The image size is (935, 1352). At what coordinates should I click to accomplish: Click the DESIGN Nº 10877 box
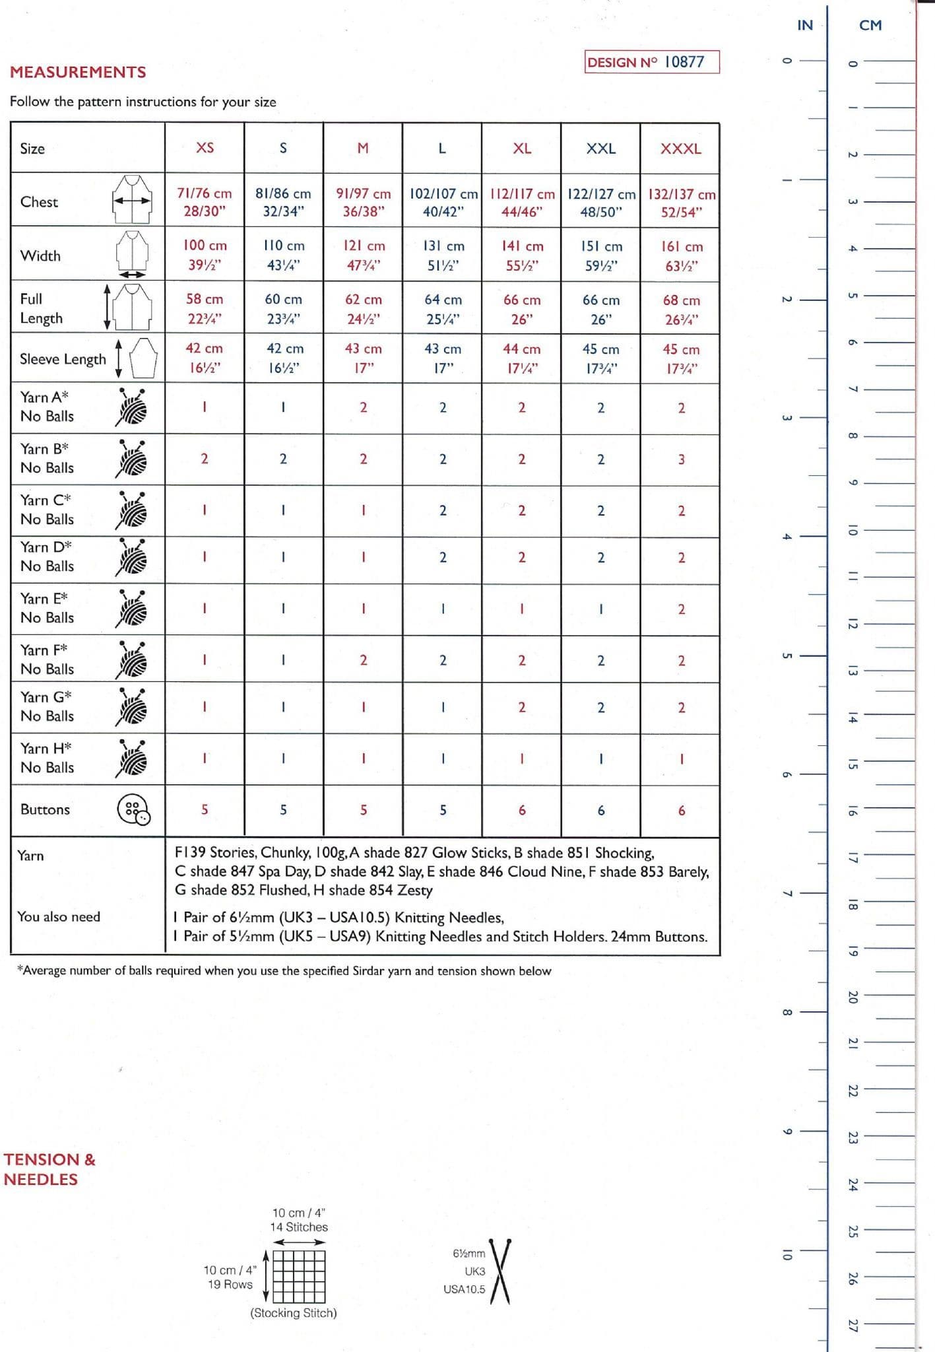point(651,62)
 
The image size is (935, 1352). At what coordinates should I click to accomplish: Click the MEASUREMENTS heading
point(78,72)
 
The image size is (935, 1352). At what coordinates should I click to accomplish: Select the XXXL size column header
point(680,149)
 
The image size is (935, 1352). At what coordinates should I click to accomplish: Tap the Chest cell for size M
point(363,202)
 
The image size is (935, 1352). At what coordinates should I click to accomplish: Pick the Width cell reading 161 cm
point(682,255)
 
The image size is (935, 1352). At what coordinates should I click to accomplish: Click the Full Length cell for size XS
point(205,308)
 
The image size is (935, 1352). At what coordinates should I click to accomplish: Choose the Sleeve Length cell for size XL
point(521,358)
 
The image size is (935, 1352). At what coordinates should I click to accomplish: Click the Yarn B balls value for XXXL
point(682,459)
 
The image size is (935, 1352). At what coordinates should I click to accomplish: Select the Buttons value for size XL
point(522,810)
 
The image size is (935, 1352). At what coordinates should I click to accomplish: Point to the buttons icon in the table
point(133,809)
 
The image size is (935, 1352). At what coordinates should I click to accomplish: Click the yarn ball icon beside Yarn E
point(132,608)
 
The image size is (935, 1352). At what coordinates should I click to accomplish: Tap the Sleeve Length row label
point(63,359)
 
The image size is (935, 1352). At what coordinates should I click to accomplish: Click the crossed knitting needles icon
point(500,1271)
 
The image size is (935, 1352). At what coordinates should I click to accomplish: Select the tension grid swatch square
point(299,1275)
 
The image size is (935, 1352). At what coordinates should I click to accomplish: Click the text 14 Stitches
point(298,1227)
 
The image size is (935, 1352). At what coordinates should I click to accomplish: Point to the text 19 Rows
point(230,1284)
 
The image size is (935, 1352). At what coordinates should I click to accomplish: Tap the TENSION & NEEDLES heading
point(49,1169)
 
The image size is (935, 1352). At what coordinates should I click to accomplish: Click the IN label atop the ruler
point(805,25)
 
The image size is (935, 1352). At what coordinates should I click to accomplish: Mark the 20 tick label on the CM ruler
point(852,997)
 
